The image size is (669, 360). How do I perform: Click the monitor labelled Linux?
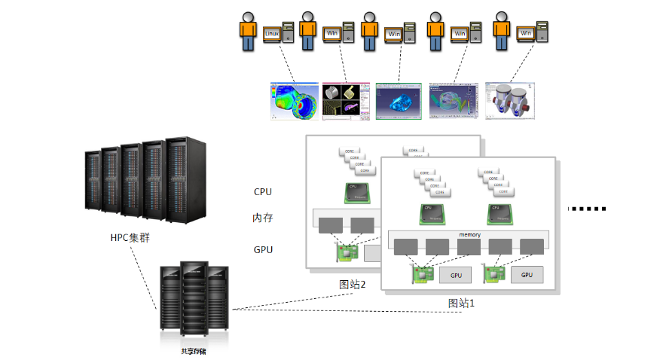click(272, 33)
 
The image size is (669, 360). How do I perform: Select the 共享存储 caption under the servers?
click(193, 351)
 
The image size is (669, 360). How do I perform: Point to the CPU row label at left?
click(263, 191)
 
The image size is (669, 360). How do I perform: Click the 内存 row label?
click(263, 218)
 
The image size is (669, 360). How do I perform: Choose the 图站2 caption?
click(352, 284)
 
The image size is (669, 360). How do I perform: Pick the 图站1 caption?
click(461, 303)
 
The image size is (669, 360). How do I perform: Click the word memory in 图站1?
click(469, 235)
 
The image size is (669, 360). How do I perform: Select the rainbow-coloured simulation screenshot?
click(294, 101)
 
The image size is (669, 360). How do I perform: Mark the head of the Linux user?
click(249, 15)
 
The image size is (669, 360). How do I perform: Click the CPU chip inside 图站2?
click(356, 193)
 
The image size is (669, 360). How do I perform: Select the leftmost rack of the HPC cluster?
click(93, 182)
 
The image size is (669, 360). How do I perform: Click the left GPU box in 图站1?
click(456, 275)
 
